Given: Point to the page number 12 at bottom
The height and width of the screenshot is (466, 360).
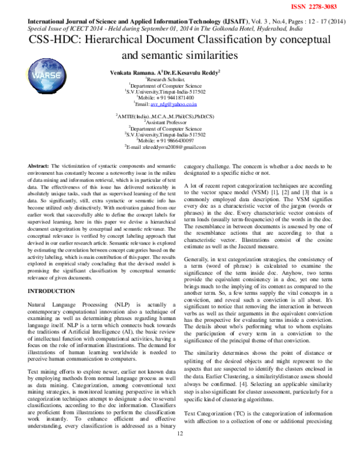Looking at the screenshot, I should pyautogui.click(x=179, y=459).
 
